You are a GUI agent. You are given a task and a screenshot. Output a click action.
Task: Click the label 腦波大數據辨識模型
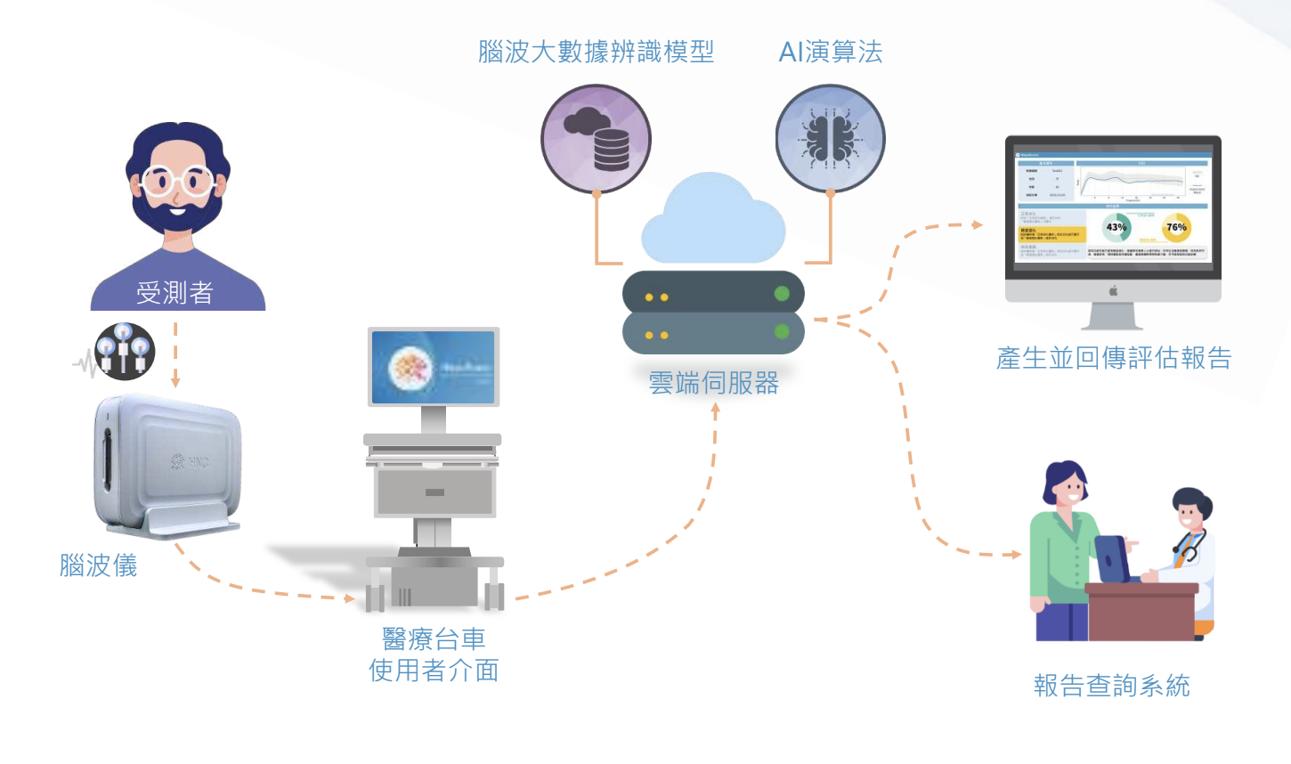[596, 52]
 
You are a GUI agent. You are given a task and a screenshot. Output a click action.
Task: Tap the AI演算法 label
[830, 52]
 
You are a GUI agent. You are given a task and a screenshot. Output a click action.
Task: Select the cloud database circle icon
[596, 139]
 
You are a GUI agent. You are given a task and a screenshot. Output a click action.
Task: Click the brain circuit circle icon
[830, 139]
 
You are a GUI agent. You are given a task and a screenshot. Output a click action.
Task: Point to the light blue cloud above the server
[713, 223]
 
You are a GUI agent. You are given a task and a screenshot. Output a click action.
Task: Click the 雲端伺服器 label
[713, 383]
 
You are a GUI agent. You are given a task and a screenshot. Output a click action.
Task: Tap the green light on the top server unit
[782, 293]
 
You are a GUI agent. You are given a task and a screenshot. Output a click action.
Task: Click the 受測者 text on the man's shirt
[175, 292]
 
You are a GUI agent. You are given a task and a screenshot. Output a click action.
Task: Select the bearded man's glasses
[177, 183]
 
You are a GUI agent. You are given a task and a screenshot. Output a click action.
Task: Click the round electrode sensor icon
[125, 351]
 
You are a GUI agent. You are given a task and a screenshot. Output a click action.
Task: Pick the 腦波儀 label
[98, 565]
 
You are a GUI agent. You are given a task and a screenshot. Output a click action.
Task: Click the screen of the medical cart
[433, 367]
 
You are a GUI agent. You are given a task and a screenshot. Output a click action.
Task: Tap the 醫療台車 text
[434, 638]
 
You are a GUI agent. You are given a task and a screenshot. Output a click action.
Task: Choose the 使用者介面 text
[434, 671]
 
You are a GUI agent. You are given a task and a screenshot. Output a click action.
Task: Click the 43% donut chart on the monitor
[1116, 227]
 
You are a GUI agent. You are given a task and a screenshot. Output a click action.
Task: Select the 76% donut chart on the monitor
[1176, 227]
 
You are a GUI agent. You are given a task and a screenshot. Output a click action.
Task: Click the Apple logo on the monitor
[1112, 290]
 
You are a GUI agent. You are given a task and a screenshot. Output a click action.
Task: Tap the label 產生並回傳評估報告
[1114, 358]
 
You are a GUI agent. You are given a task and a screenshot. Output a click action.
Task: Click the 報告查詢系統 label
[1111, 686]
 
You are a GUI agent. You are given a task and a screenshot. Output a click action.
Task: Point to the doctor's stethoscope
[1188, 545]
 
